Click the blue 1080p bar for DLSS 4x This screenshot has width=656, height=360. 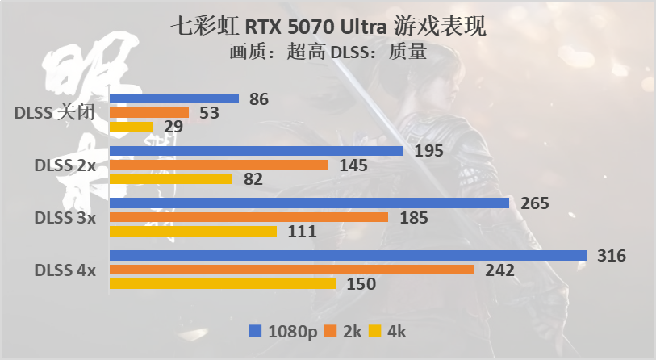click(x=347, y=255)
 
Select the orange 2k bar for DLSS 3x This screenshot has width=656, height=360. click(x=248, y=217)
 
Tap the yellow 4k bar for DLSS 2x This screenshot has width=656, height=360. click(x=170, y=178)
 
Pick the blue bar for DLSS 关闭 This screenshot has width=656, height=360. click(x=173, y=98)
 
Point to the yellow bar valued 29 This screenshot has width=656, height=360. click(x=131, y=127)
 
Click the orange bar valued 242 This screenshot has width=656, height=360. click(x=291, y=270)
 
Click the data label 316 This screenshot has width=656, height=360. click(x=610, y=256)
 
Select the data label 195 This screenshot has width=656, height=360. click(x=428, y=152)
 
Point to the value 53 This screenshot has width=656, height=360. click(x=210, y=113)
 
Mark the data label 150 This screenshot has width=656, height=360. click(x=360, y=284)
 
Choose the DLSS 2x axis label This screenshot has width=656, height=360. click(x=65, y=165)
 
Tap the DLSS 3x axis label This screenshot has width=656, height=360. click(x=65, y=217)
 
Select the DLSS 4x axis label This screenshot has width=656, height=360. click(x=65, y=270)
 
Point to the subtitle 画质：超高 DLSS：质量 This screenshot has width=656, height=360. click(x=328, y=52)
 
